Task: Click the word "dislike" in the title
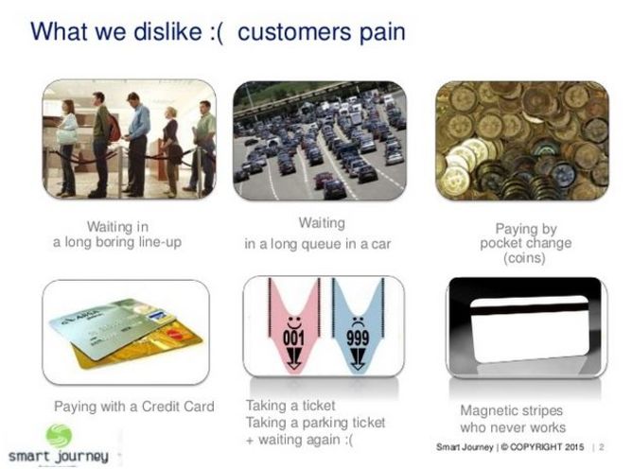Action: coord(167,31)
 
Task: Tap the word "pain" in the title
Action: coord(382,33)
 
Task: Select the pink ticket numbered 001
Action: coord(294,324)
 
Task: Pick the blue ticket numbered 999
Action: coord(358,324)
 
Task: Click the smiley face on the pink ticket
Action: coord(294,322)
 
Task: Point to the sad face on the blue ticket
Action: coord(358,322)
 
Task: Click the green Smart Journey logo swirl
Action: coord(59,436)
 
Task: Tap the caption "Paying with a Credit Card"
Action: coord(134,407)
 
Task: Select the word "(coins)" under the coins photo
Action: coord(524,258)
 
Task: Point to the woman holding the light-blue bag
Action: coord(67,148)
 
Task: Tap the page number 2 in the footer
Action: coord(602,447)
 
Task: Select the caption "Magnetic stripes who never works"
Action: coord(513,419)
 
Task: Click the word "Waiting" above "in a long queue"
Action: coord(322,223)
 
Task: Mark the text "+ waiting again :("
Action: coord(300,440)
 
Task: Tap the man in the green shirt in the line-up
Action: coord(203,146)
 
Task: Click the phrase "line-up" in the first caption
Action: coord(160,243)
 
